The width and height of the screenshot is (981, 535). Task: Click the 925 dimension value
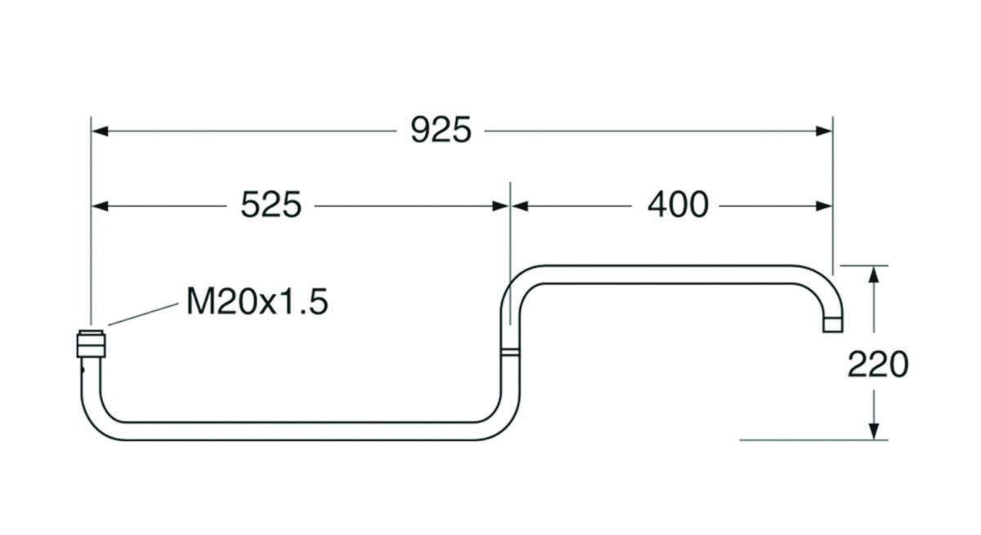coord(441,131)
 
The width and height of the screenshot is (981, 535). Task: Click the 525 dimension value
coord(271,206)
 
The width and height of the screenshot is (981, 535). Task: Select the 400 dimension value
coord(677,205)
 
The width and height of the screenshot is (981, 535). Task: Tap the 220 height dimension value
coord(877,364)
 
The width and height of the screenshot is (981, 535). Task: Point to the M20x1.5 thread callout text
coord(257,302)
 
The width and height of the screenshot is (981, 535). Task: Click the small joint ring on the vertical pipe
coord(508,352)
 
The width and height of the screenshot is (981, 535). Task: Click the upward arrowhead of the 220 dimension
coord(874,274)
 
